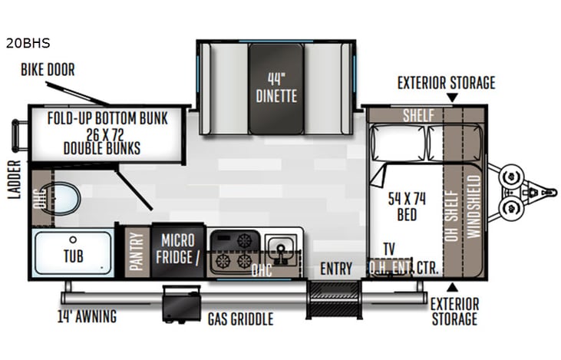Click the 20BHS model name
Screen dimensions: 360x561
[x=28, y=44]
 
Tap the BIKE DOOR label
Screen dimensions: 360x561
[x=48, y=70]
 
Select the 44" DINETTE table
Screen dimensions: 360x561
[x=276, y=88]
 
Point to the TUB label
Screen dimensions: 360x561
[x=74, y=256]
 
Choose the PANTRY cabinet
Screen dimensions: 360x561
[x=137, y=251]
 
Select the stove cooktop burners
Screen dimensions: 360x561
[x=234, y=250]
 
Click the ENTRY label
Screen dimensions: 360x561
[x=336, y=269]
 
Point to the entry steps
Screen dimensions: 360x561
[x=334, y=299]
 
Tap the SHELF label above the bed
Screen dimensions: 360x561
[x=418, y=115]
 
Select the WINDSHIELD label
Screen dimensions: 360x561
[x=474, y=206]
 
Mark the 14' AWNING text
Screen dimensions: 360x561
[x=87, y=315]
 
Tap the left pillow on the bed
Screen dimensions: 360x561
[x=398, y=144]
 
